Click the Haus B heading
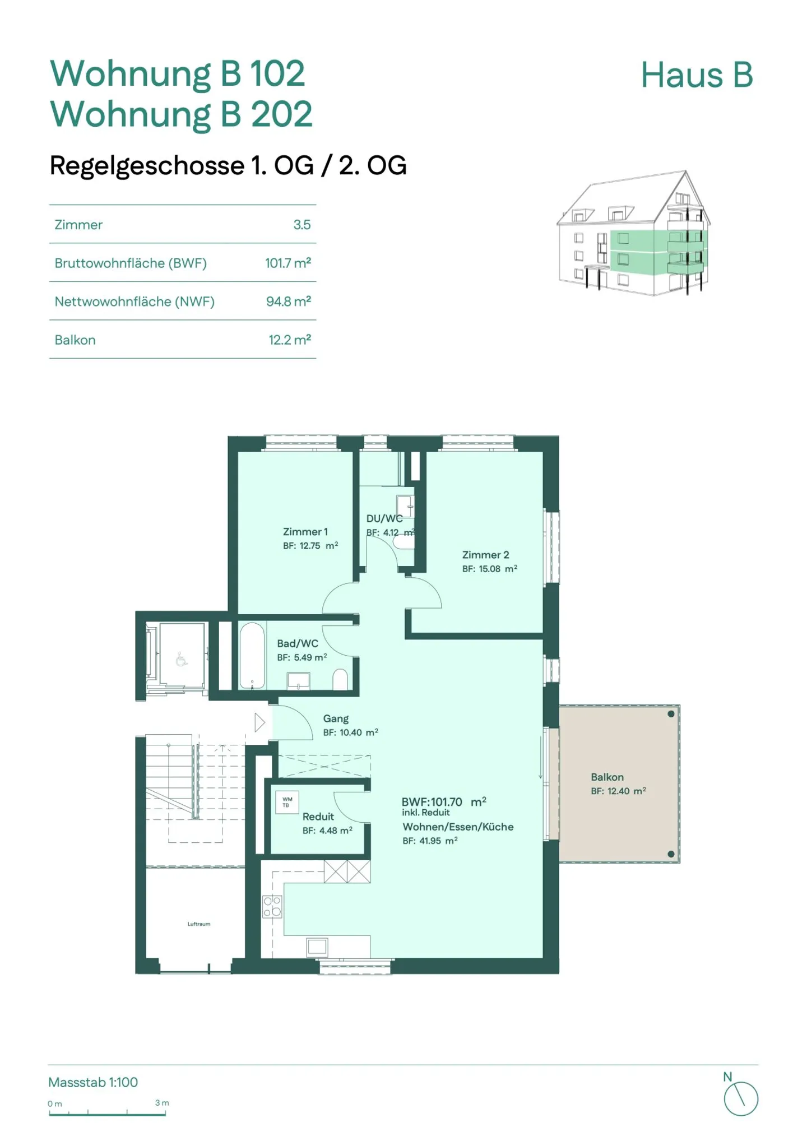(697, 75)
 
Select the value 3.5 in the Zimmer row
(302, 225)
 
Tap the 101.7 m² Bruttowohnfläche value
(288, 263)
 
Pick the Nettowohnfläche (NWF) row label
(134, 302)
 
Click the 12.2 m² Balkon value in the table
(290, 340)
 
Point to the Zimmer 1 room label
(305, 531)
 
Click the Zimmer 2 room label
(485, 555)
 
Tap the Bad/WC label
(298, 643)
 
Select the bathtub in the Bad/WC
(252, 655)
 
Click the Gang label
(336, 718)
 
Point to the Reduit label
(318, 817)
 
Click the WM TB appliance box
(287, 802)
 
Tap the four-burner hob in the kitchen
(272, 906)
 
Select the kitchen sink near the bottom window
(317, 947)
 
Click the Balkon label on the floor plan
(607, 777)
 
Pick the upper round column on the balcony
(671, 714)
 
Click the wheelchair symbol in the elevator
(181, 659)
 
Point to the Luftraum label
(199, 924)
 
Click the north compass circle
(741, 1099)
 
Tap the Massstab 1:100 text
(93, 1082)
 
